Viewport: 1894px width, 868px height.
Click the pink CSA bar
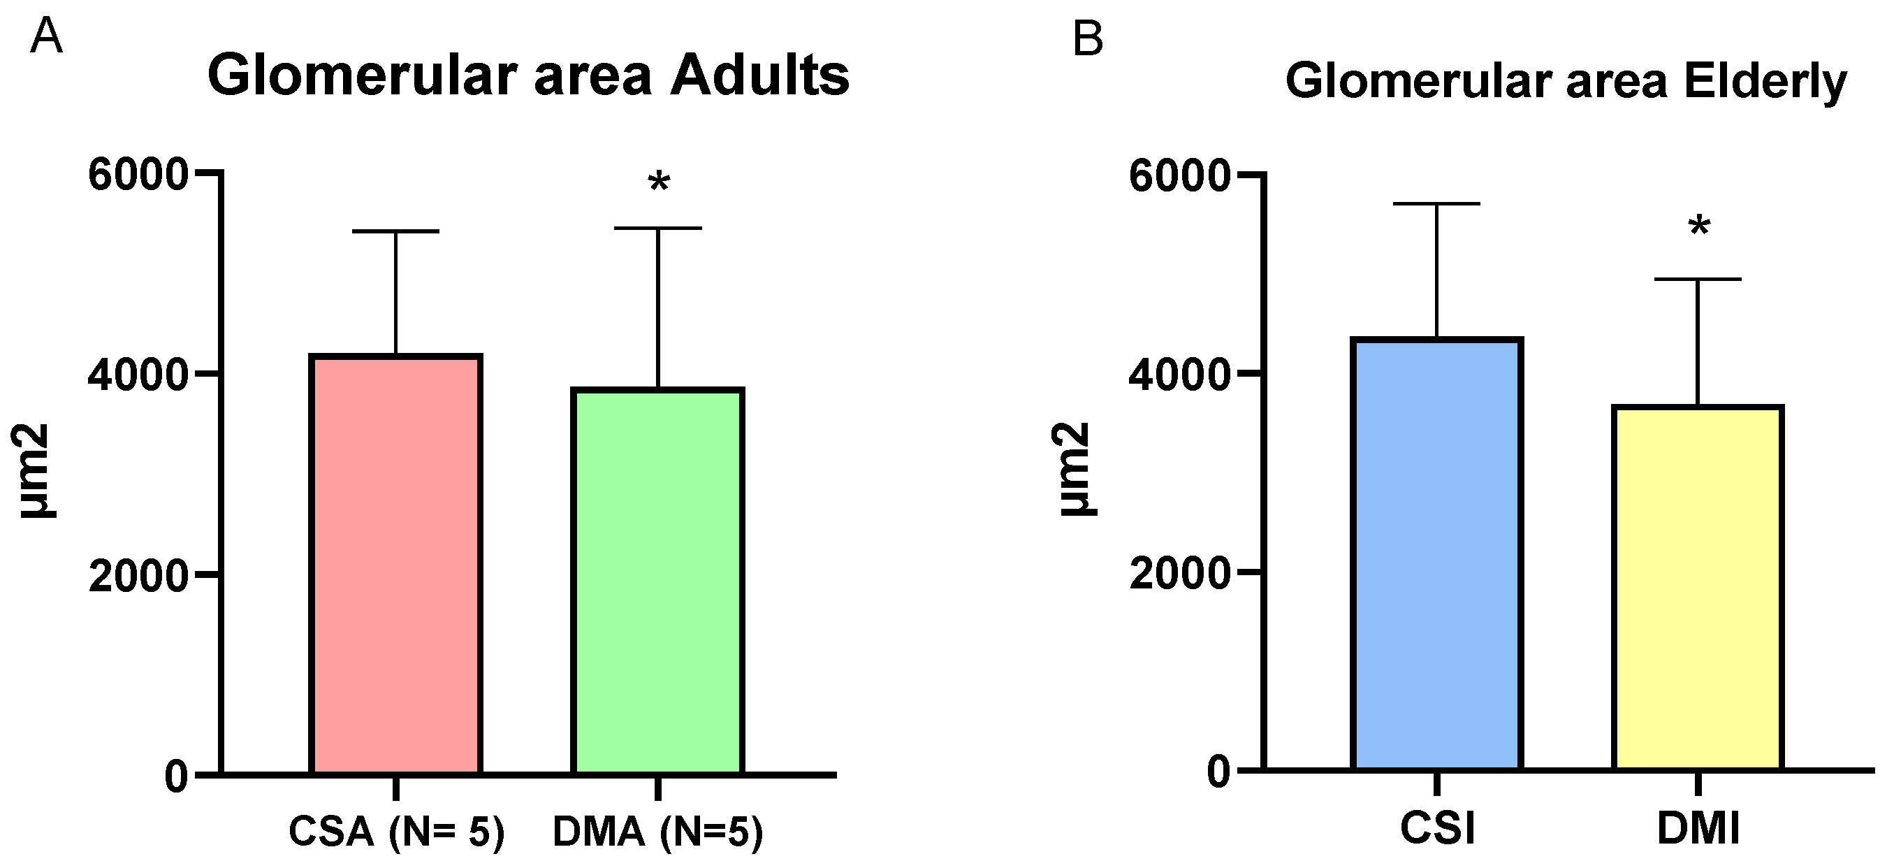tap(395, 565)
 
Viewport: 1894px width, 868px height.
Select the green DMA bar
tap(657, 581)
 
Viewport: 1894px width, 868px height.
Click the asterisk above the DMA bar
tap(659, 182)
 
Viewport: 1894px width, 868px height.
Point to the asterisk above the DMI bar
tap(1699, 226)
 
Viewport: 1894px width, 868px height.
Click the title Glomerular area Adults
tap(528, 75)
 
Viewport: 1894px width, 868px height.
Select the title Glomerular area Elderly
tap(1566, 81)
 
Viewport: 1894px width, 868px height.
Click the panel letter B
tap(1088, 38)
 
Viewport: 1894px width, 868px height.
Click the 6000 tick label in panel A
tap(138, 175)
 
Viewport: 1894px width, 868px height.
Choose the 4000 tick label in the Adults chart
tap(138, 375)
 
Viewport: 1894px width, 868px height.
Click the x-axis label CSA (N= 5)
tap(396, 832)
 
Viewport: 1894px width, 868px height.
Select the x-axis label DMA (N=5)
tap(658, 832)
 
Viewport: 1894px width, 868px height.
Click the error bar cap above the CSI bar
tap(1436, 203)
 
